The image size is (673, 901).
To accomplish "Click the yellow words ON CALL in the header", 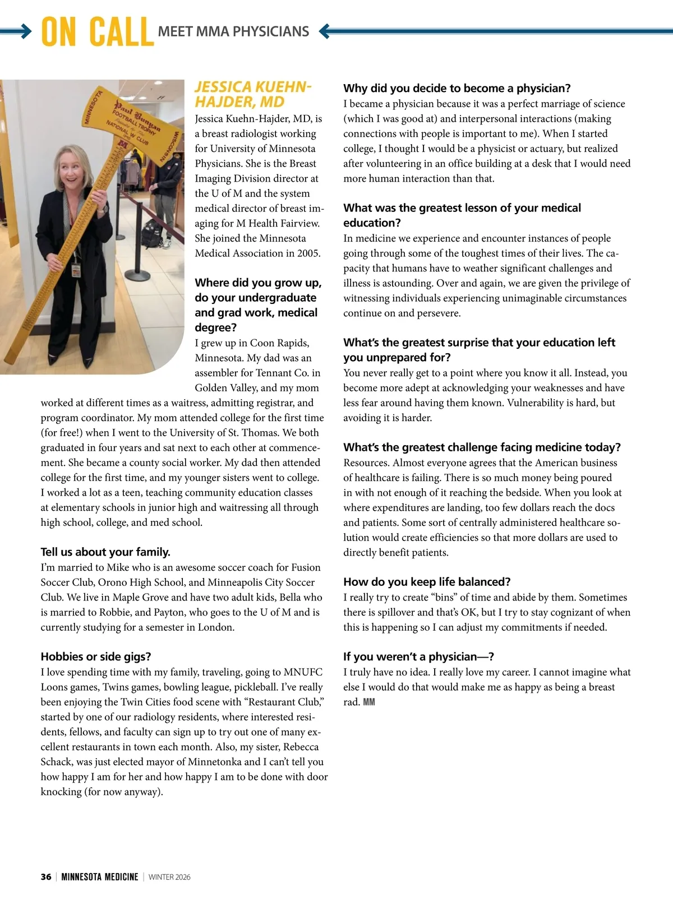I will click(97, 32).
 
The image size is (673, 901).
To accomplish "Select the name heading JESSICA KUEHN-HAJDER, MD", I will click(252, 94).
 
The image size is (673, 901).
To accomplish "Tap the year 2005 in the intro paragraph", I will click(308, 253).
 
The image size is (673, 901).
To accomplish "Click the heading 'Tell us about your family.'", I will click(105, 552).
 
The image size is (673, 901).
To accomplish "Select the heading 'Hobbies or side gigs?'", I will click(96, 657).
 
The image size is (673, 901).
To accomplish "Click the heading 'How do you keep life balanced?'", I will click(427, 581).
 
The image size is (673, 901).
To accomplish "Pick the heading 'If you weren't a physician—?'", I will click(418, 657).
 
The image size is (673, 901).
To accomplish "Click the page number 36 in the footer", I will click(46, 877).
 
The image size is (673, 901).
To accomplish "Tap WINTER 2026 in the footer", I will click(169, 877).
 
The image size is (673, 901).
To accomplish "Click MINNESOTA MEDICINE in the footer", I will click(100, 877).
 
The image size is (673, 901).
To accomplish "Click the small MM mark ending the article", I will click(369, 702).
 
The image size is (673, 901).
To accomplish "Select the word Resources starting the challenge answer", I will click(366, 463).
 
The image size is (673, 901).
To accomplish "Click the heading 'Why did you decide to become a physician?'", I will click(457, 88).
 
